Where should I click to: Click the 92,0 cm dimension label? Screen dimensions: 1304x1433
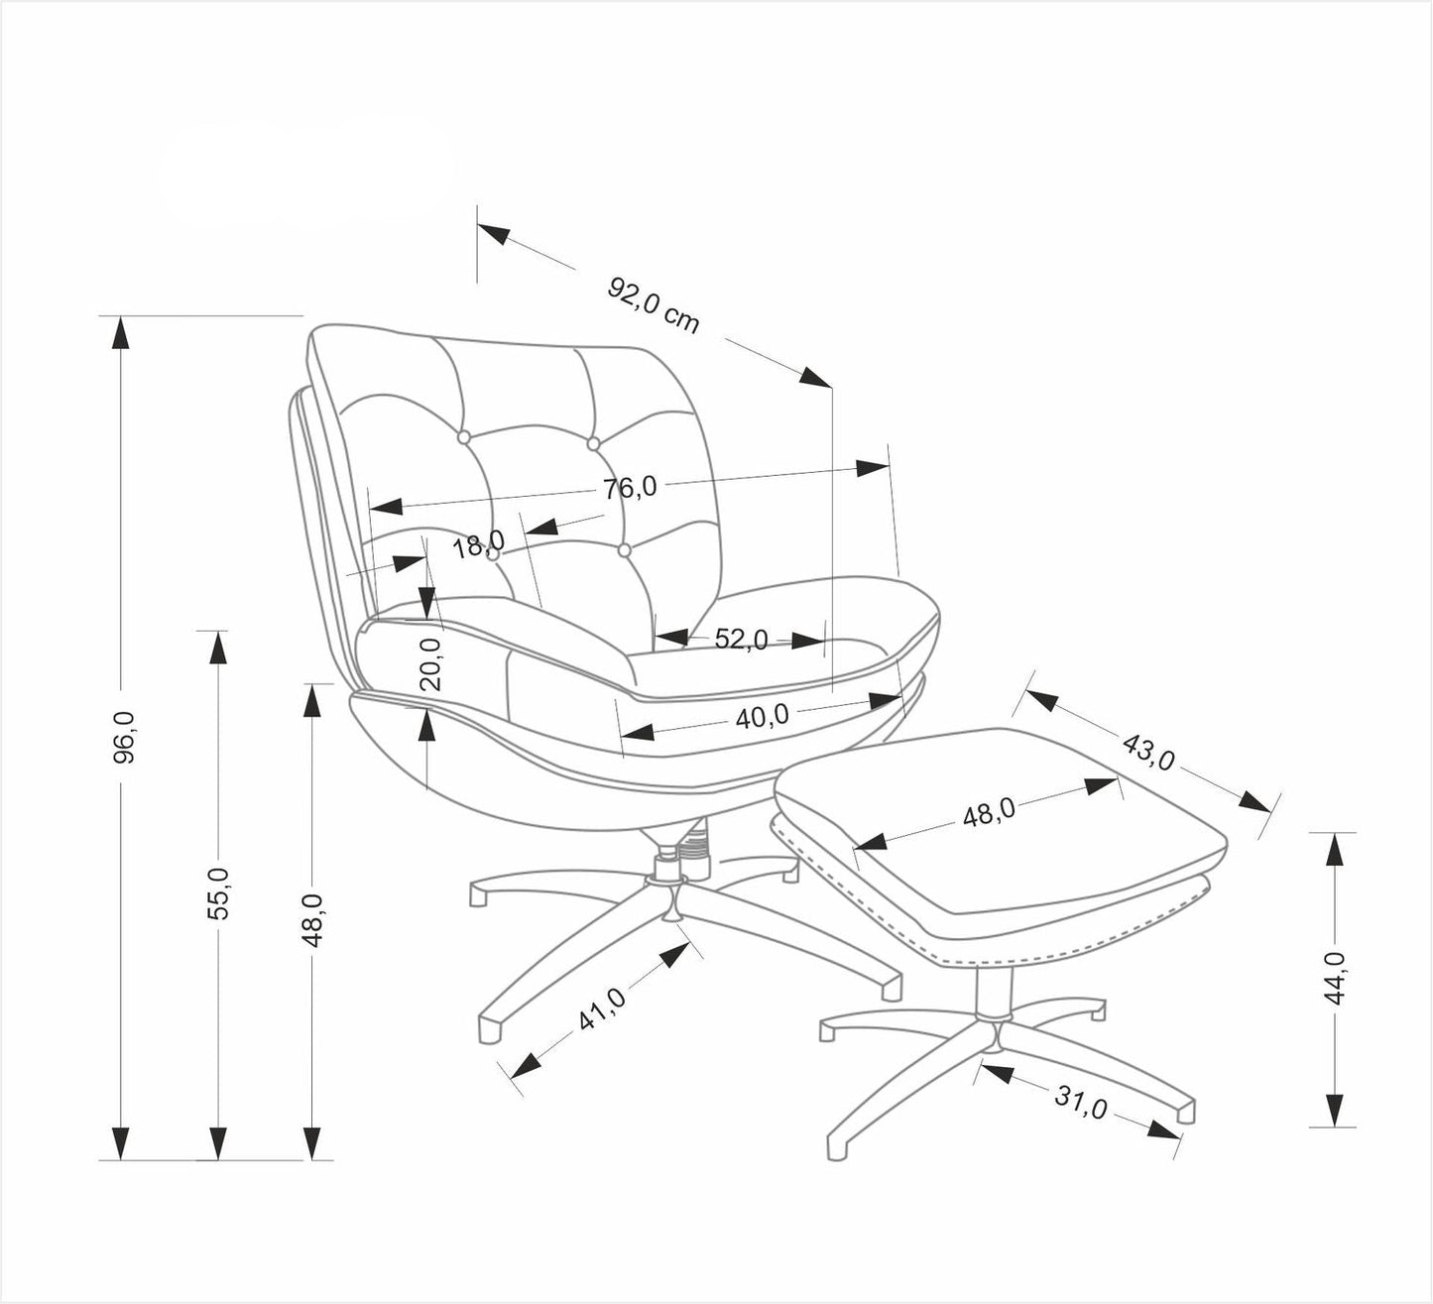654,304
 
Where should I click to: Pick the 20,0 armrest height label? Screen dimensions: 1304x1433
429,663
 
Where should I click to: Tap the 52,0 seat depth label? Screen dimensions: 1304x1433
742,640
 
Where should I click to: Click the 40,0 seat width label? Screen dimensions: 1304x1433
762,716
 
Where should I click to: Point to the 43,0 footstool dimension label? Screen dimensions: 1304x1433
1147,750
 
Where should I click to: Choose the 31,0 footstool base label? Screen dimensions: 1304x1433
1080,1102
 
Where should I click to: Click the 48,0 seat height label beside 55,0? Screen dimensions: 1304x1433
312,918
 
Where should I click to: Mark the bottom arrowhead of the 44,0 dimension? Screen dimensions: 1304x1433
1335,1111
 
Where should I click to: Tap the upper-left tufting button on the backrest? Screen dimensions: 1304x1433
463,436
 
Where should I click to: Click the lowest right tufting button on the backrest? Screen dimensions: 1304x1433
624,548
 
